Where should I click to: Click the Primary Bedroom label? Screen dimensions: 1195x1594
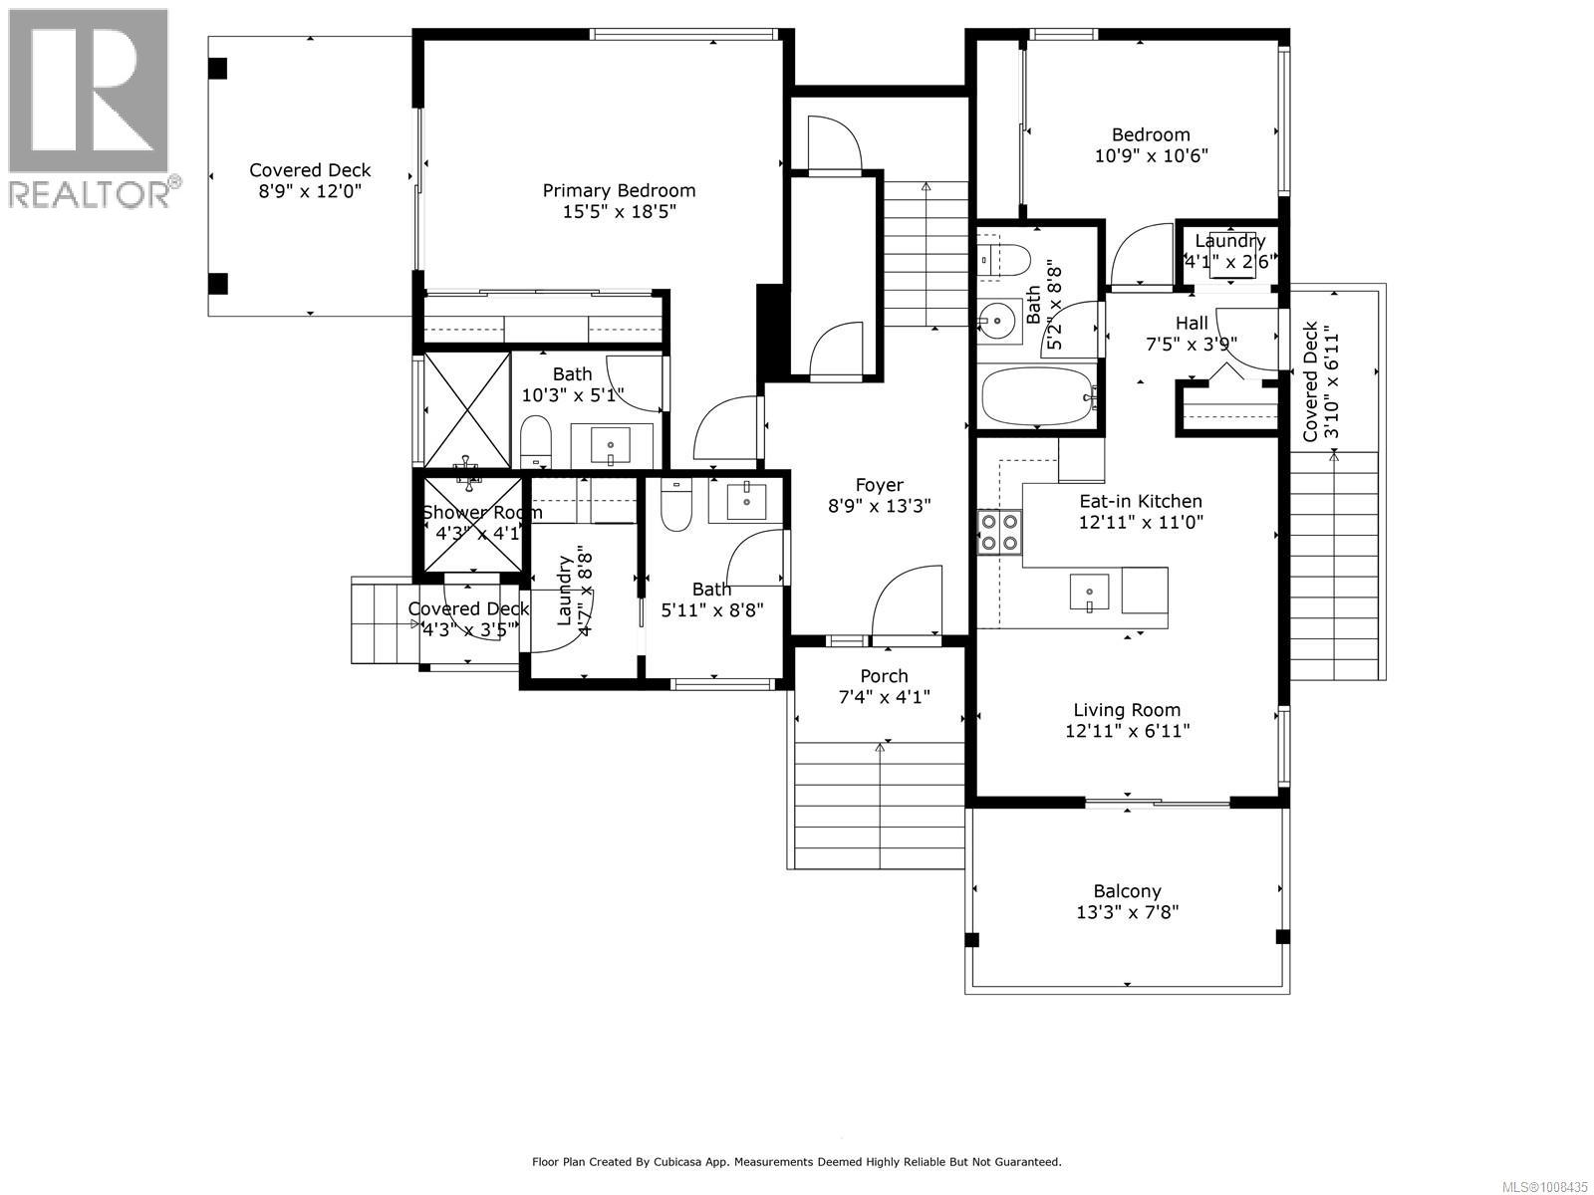tap(619, 190)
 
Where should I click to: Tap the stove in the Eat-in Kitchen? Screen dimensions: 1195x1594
tap(999, 531)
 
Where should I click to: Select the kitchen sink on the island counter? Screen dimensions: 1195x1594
tap(1089, 593)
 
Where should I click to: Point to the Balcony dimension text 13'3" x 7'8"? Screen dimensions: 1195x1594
tap(1127, 912)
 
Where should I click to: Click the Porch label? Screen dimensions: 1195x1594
tap(884, 676)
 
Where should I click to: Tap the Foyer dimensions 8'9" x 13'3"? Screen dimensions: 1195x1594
tap(879, 506)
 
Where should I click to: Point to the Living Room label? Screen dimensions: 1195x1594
tap(1127, 710)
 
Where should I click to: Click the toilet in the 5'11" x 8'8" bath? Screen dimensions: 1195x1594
tap(676, 507)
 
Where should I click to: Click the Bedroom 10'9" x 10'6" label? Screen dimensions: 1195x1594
tap(1151, 134)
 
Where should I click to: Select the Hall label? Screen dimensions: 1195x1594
tap(1192, 323)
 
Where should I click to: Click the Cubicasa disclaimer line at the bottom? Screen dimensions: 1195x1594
tap(796, 1162)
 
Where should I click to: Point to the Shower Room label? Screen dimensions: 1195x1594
tap(482, 513)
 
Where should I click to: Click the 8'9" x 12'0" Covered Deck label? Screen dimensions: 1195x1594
tap(310, 170)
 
